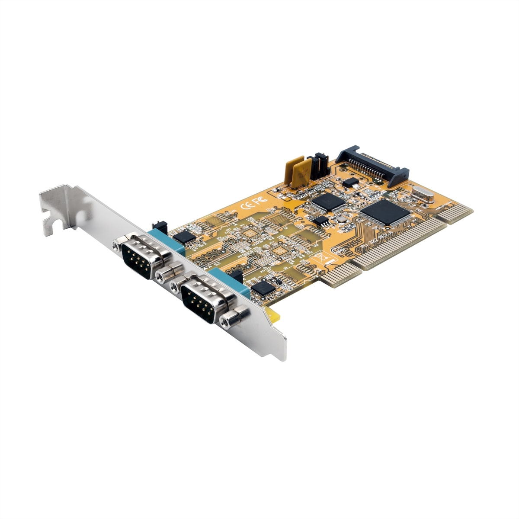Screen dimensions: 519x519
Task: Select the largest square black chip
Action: pyautogui.click(x=386, y=213)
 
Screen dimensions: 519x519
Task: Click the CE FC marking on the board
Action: pyautogui.click(x=247, y=204)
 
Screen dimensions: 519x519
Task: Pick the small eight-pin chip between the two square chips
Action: pyautogui.click(x=320, y=221)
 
